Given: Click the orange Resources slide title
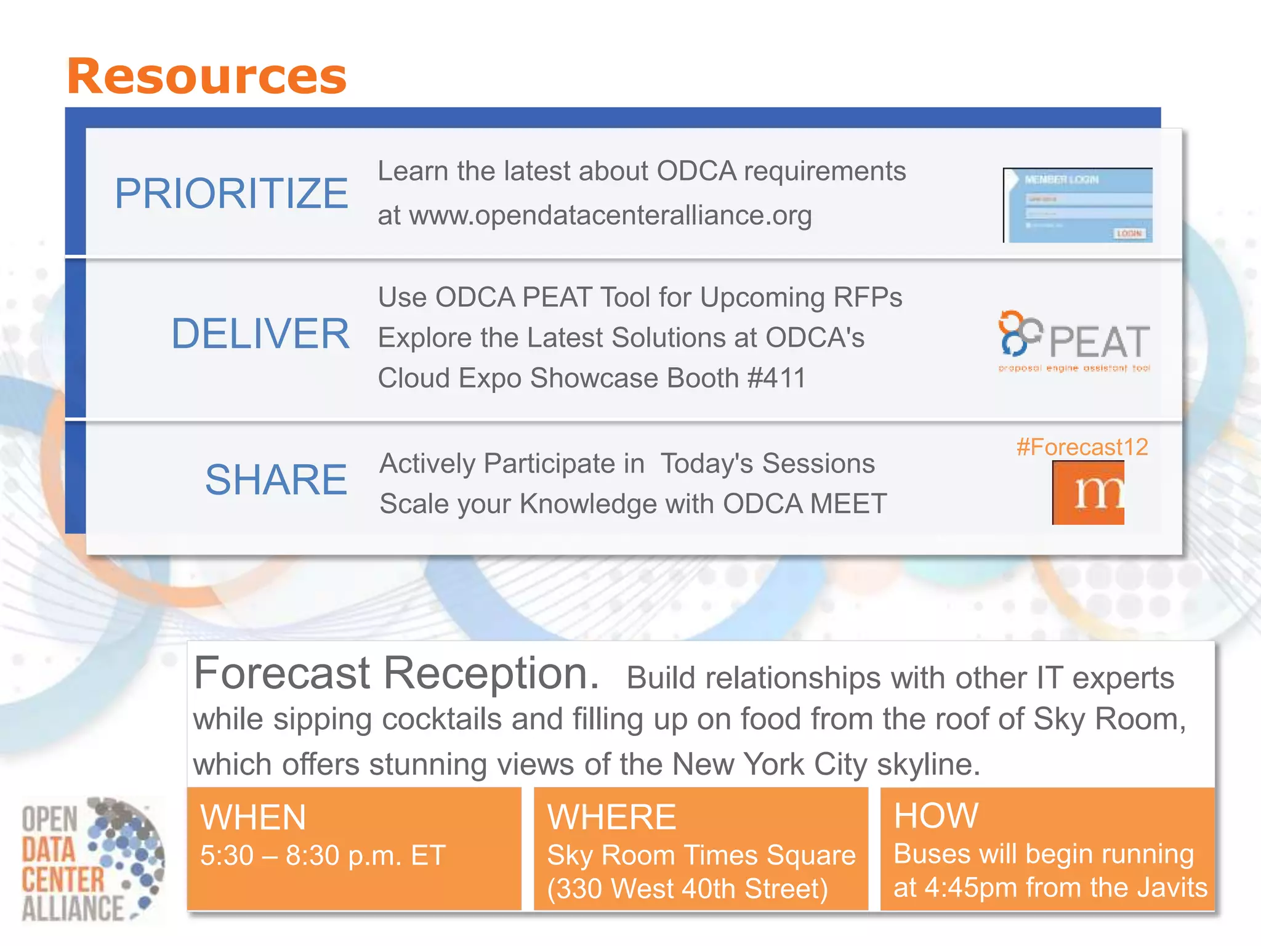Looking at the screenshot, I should click(207, 76).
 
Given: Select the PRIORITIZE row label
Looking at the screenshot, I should click(232, 193).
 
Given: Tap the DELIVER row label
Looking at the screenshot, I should click(260, 334).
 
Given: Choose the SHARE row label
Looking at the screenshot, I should click(276, 480).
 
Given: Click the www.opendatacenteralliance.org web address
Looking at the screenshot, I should click(610, 216).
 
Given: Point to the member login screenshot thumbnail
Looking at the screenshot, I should click(1078, 205).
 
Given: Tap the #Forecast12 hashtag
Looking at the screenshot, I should click(1082, 447).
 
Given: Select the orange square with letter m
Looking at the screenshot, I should click(1088, 493).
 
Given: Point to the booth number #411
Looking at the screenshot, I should click(776, 378).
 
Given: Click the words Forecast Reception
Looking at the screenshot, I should click(396, 673).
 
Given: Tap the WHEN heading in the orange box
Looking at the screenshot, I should click(253, 817).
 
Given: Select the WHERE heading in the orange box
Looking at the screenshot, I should click(611, 817).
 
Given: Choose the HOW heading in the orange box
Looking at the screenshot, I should click(936, 815).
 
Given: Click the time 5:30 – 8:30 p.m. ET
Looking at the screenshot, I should click(323, 855).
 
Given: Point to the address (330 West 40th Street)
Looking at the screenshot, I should click(687, 889).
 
